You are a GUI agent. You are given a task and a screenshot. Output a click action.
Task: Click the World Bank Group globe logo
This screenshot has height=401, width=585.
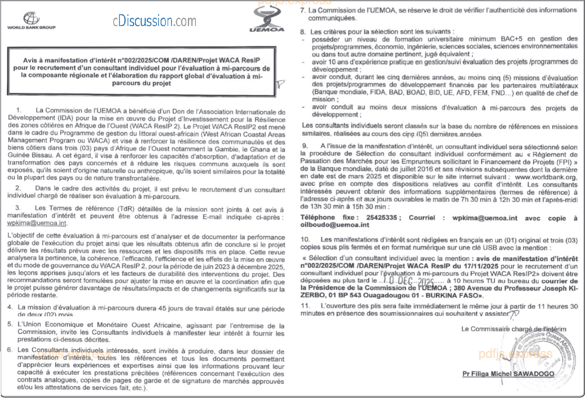coord(31,18)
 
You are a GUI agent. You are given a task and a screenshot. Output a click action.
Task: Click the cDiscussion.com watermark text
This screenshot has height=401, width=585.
coord(154,21)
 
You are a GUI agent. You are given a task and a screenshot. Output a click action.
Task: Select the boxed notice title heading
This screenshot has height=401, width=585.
coord(141,72)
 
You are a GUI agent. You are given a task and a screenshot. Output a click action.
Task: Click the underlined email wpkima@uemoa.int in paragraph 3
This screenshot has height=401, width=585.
coord(37,223)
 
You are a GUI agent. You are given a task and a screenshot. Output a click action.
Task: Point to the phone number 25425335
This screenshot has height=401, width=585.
coord(381,218)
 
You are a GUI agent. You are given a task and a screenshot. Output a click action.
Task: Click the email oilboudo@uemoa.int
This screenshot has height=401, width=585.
coord(335,225)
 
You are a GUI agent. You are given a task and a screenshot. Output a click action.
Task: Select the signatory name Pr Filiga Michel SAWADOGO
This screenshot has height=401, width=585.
coord(508,374)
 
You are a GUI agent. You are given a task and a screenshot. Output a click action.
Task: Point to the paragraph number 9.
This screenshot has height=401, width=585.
coord(305,146)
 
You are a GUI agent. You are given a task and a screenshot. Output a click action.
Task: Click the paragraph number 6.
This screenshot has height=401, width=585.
coord(10,350)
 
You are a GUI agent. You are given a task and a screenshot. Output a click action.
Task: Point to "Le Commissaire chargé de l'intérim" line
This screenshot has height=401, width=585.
coord(513,329)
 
